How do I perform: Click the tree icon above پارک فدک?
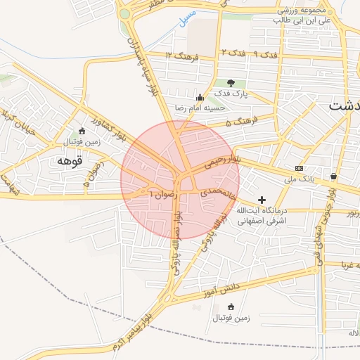click(231, 83)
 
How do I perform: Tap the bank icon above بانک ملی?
click(300, 169)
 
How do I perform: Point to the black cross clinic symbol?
click(262, 200)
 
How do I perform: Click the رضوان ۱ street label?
click(160, 192)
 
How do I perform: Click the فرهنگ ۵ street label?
click(243, 122)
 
